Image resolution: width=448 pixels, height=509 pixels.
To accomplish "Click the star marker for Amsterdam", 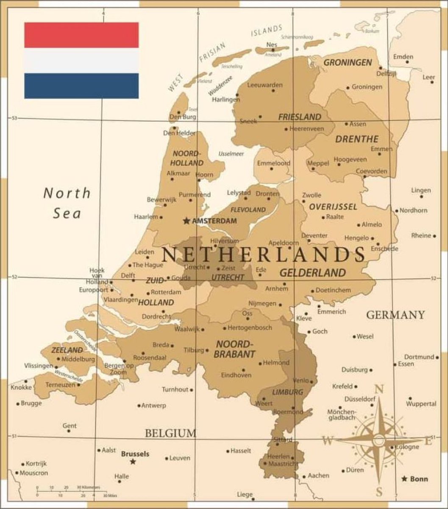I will click(x=186, y=221).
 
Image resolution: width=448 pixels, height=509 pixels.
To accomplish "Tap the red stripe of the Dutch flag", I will click(x=81, y=35).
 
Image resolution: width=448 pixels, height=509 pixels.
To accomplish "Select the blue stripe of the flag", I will click(x=81, y=86).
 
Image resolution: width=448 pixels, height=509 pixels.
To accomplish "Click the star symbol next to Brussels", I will click(x=133, y=461).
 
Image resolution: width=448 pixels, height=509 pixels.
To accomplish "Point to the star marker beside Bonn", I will click(x=404, y=478).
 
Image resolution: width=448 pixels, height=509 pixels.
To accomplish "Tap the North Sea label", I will click(x=67, y=203).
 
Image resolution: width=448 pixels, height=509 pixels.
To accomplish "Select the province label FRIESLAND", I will click(x=299, y=117).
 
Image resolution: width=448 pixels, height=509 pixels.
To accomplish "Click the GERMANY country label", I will click(x=395, y=315).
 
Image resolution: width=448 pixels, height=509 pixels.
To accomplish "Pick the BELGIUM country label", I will click(x=170, y=433).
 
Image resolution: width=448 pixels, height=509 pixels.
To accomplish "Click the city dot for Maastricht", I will click(x=265, y=464).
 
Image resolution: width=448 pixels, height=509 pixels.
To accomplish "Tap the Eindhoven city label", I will click(x=236, y=375).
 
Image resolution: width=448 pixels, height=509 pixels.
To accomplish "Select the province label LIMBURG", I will click(x=288, y=392).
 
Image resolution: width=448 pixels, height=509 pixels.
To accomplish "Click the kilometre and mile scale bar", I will click(x=71, y=491).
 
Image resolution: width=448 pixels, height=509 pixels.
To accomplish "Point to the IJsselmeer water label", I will click(x=231, y=154).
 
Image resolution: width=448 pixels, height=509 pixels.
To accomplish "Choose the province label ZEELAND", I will click(x=67, y=350).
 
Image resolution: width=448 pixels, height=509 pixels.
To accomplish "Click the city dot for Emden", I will click(x=407, y=62).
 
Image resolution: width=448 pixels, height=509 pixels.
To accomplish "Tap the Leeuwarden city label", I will click(x=264, y=85).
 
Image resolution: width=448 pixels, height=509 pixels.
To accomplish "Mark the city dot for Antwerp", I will click(x=139, y=406).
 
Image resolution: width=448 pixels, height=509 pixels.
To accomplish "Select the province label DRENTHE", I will click(x=357, y=139).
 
